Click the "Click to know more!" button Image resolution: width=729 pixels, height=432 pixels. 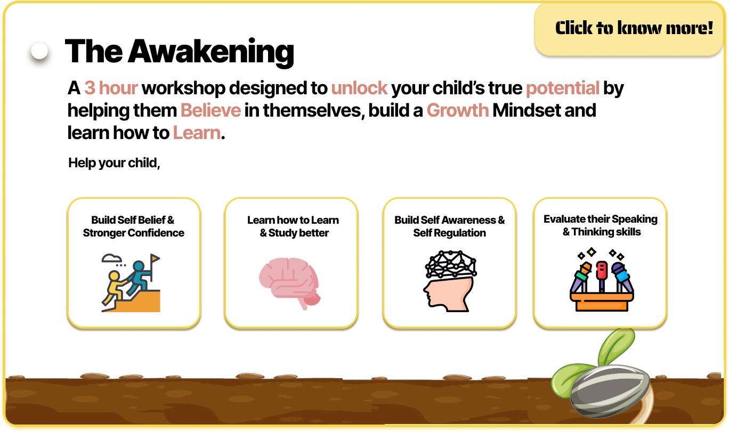pyautogui.click(x=629, y=29)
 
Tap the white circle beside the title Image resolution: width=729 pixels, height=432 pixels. pyautogui.click(x=39, y=51)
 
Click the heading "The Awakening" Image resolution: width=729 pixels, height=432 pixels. pyautogui.click(x=180, y=51)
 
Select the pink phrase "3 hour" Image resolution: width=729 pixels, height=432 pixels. pyautogui.click(x=111, y=88)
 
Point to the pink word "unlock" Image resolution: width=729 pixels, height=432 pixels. pyautogui.click(x=359, y=88)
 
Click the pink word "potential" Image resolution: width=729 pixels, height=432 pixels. pyautogui.click(x=563, y=88)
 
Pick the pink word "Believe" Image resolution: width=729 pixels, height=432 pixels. pyautogui.click(x=210, y=110)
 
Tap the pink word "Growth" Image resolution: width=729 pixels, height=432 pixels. pyautogui.click(x=458, y=110)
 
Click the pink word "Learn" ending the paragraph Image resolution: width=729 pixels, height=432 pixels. pyautogui.click(x=197, y=133)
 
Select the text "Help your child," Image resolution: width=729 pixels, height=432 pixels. pyautogui.click(x=114, y=163)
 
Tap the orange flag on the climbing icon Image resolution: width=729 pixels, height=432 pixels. pyautogui.click(x=155, y=259)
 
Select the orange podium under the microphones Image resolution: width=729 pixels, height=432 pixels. pyautogui.click(x=602, y=301)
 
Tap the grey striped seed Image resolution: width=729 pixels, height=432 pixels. pyautogui.click(x=610, y=390)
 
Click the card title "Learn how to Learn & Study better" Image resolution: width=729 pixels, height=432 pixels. pyautogui.click(x=293, y=226)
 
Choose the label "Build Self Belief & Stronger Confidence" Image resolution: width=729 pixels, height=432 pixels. pyautogui.click(x=133, y=226)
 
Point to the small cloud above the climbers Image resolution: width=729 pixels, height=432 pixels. pyautogui.click(x=111, y=258)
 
